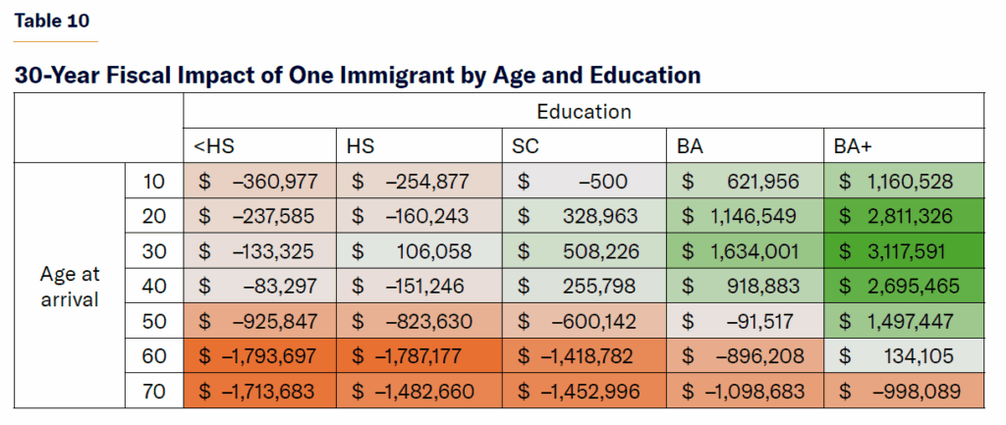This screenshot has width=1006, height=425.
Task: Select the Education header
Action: [584, 111]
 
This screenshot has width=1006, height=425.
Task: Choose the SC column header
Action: [526, 146]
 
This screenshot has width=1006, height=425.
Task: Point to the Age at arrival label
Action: [70, 287]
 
